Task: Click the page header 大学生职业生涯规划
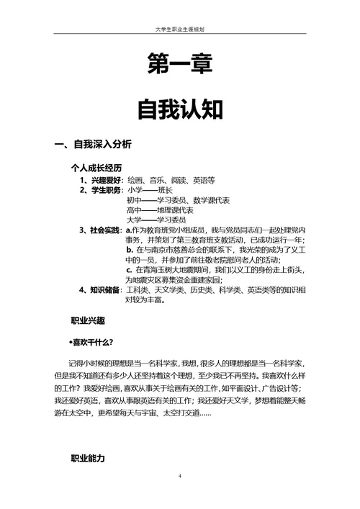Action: tap(180, 30)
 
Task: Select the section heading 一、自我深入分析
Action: tap(94, 145)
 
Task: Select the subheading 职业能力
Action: tap(88, 459)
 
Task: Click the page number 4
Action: tap(180, 477)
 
